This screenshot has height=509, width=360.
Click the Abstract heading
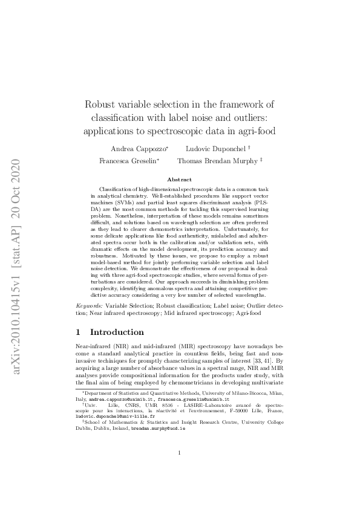[x=179, y=180]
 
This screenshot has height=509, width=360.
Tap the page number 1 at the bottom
[x=180, y=470]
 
